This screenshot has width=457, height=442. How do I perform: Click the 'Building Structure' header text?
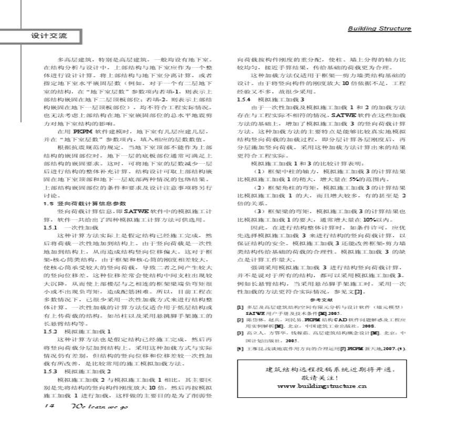tap(379, 28)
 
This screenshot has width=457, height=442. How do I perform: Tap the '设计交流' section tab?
tap(49, 36)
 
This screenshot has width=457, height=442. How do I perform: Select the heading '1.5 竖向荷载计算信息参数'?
tap(84, 203)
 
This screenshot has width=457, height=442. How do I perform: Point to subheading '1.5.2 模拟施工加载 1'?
tap(77, 331)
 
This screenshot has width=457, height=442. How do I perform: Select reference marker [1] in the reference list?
tap(240, 307)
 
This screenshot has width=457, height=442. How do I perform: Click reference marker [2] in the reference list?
tap(240, 319)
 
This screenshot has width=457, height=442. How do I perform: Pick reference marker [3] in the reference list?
tap(240, 333)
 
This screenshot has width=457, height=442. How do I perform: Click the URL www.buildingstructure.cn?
tap(321, 386)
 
